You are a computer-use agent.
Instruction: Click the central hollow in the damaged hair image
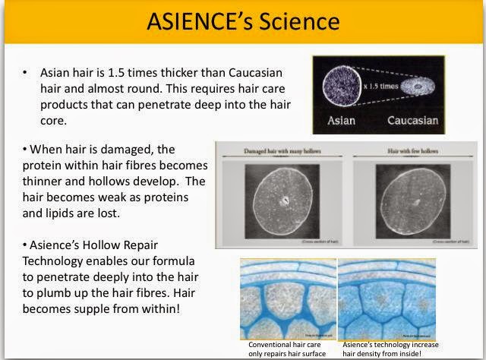(285, 202)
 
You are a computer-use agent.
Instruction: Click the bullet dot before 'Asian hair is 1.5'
(25, 72)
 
